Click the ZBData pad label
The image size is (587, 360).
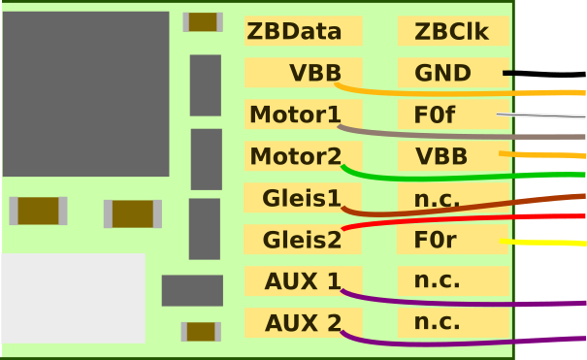click(303, 31)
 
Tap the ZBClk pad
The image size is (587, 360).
click(452, 31)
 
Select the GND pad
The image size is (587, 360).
click(452, 73)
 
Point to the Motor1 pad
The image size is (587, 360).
click(303, 115)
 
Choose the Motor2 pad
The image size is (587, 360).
click(303, 156)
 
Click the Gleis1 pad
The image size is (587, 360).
click(303, 198)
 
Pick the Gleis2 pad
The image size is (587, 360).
click(303, 240)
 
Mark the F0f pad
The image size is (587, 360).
click(452, 115)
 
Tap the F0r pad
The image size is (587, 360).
click(452, 240)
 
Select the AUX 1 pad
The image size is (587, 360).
click(303, 281)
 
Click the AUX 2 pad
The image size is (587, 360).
click(303, 323)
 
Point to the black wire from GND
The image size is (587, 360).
click(548, 74)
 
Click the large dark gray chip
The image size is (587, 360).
click(85, 94)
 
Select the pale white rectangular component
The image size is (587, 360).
click(73, 298)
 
